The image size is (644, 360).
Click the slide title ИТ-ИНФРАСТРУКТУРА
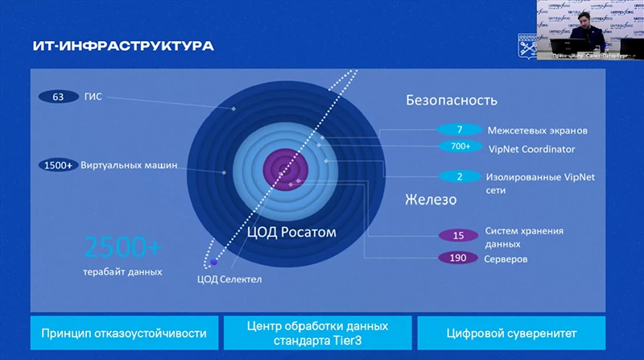point(123,46)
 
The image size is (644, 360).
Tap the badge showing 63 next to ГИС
point(58,97)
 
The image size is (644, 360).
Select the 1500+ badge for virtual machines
point(59,166)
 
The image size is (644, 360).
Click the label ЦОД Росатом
point(291,232)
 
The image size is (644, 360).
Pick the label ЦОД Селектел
point(229,279)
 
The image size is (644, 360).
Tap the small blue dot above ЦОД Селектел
point(214,263)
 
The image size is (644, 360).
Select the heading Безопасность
point(451,101)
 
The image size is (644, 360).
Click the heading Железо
point(431,200)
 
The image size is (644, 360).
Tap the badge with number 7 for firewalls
point(459,130)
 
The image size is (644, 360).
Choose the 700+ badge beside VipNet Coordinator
point(460,147)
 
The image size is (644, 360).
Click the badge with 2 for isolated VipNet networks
point(459,176)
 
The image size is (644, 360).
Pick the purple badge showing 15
point(459,236)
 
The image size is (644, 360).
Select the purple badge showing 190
point(459,259)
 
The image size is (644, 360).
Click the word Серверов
point(506,259)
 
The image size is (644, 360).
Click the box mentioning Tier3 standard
point(317,333)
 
